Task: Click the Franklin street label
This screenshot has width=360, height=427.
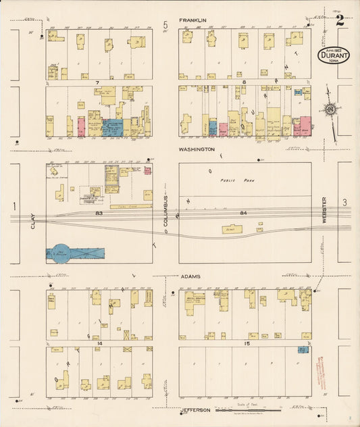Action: tap(192, 21)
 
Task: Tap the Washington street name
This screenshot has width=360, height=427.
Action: tap(197, 149)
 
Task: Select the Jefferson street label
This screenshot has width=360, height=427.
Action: tap(197, 410)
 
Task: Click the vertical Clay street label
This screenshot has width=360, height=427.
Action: tap(32, 222)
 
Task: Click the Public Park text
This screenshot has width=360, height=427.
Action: tap(234, 180)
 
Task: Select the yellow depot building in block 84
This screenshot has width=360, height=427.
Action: tap(234, 230)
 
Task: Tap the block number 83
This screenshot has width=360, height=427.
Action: tap(99, 214)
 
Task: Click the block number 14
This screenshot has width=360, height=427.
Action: tap(99, 344)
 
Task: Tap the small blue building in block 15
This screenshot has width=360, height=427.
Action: tap(303, 350)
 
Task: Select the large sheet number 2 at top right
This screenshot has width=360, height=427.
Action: tap(340, 20)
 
